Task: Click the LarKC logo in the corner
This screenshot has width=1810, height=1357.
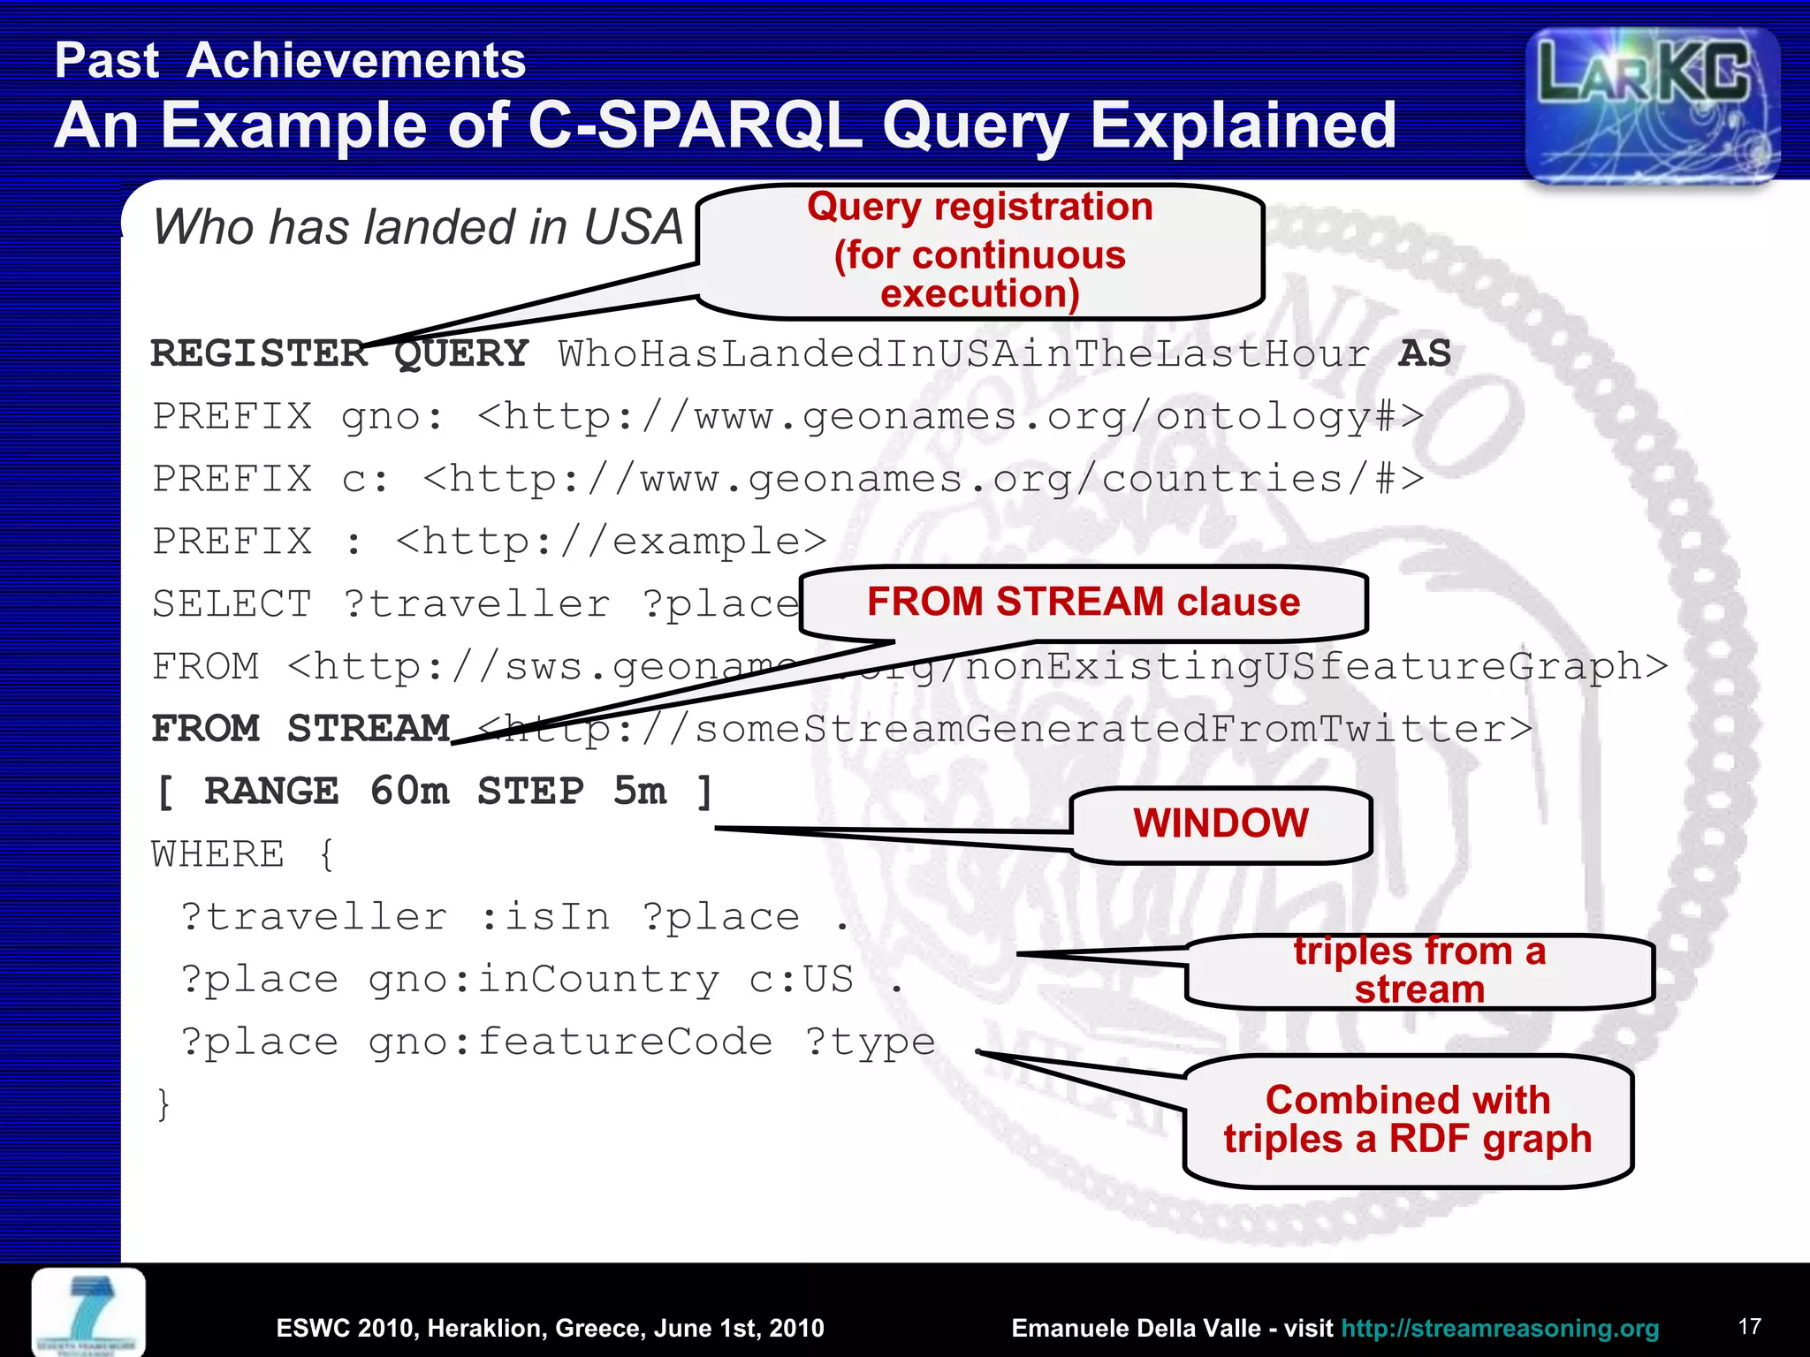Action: coord(1652,105)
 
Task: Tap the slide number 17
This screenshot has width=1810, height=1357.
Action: coord(1749,1326)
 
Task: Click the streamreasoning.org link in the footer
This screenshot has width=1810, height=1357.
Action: coord(1500,1328)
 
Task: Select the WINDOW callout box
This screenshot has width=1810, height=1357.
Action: coord(1221,823)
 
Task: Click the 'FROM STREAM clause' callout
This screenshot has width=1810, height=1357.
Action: coord(1083,603)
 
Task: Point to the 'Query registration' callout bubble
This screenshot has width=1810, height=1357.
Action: coord(980,251)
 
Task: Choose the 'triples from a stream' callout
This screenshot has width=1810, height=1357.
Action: coord(1419,970)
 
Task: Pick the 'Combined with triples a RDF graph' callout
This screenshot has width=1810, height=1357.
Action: coord(1407,1119)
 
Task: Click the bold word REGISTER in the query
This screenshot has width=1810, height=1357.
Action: coord(259,353)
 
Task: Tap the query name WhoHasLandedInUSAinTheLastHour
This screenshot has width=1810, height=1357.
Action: coord(963,353)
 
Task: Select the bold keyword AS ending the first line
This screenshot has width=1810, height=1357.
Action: coord(1425,353)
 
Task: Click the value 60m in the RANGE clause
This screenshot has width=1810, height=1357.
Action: coord(409,791)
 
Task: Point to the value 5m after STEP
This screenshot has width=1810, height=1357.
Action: coord(640,791)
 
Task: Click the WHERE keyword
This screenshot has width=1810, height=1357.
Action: coord(218,854)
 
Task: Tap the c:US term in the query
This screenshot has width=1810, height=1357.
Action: coord(802,979)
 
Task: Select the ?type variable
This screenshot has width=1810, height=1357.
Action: coord(870,1042)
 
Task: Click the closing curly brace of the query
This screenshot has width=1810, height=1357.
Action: coord(163,1104)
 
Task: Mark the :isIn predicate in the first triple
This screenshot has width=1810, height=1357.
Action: coord(545,917)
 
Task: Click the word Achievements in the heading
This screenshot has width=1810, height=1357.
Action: coord(356,61)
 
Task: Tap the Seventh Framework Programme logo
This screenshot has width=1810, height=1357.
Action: coord(89,1312)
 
